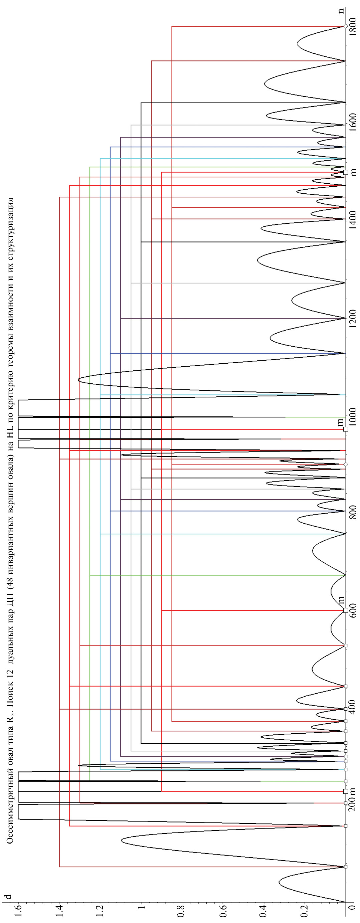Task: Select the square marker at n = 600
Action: pos(345,610)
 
